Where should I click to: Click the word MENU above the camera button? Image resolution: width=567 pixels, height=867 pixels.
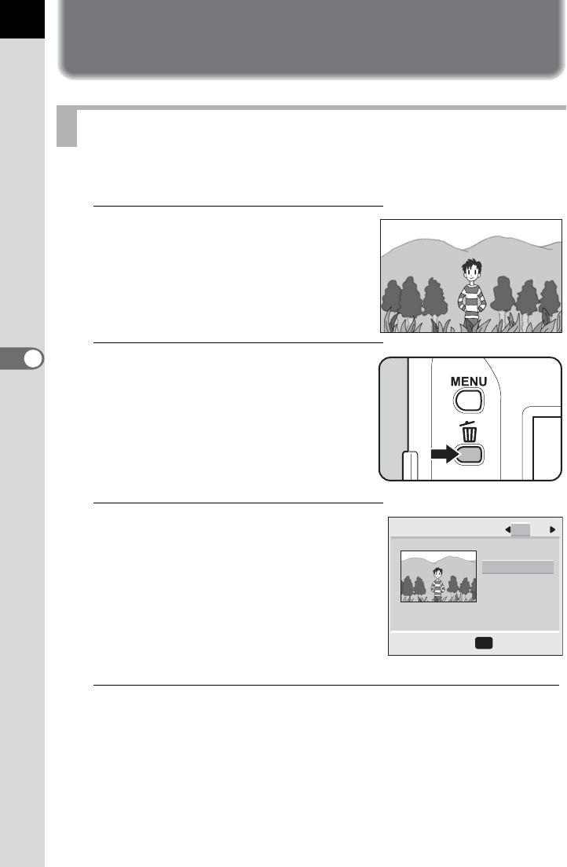(469, 382)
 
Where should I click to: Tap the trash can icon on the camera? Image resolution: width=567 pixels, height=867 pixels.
(469, 431)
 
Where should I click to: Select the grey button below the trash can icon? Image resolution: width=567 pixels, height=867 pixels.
(470, 455)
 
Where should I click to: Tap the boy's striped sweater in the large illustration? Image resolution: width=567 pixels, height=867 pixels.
(471, 300)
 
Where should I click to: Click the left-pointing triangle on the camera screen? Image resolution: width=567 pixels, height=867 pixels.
(508, 530)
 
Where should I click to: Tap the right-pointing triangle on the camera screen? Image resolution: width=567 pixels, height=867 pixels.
(552, 530)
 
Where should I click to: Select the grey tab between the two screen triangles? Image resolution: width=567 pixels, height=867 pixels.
(521, 530)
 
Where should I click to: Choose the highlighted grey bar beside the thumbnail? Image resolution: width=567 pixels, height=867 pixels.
(518, 567)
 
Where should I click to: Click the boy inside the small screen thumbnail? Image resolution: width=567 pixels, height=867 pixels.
(437, 584)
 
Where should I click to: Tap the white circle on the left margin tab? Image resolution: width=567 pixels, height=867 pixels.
(33, 359)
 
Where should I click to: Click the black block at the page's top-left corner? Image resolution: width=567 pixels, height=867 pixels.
(22, 19)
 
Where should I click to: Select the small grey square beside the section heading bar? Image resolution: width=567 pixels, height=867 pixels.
(67, 126)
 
